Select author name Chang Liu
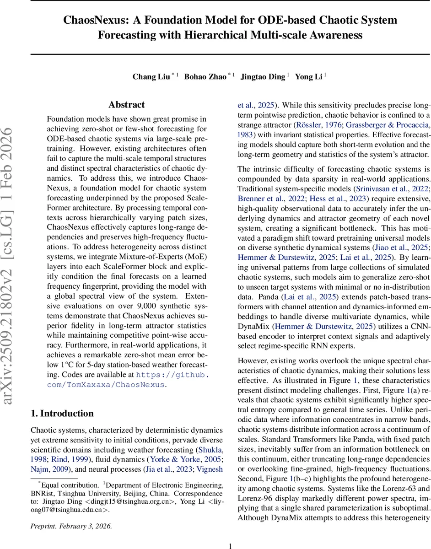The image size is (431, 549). click(151, 76)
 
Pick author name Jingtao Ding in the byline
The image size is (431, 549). click(263, 76)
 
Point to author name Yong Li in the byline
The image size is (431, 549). click(309, 76)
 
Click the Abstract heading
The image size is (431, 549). click(127, 105)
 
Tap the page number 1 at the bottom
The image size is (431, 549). click(230, 533)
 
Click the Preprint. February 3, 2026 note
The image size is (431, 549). click(71, 513)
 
